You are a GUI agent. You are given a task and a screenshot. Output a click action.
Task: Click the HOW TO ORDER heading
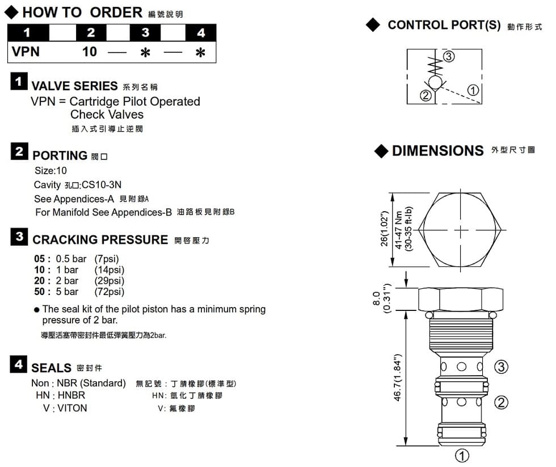pos(82,12)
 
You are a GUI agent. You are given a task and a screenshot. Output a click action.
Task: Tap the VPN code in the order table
pos(26,52)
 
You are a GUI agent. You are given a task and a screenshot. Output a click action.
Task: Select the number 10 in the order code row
pos(90,52)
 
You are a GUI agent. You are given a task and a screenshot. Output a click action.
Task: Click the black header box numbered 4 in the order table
pos(201,33)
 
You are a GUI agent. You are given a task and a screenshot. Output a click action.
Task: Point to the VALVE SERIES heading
pos(74,86)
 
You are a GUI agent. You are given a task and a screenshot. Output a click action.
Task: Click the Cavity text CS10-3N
pos(102,185)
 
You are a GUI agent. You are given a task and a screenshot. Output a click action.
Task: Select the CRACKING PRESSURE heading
pos(100,239)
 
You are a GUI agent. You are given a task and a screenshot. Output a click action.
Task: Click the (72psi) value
pos(109,292)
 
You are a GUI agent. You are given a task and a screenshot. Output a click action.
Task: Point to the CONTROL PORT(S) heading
pos(444,25)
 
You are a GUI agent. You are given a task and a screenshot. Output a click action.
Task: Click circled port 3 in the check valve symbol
pos(449,56)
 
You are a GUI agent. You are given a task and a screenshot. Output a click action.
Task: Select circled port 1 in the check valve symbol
pos(473,90)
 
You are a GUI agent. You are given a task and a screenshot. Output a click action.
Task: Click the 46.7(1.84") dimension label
pos(398,378)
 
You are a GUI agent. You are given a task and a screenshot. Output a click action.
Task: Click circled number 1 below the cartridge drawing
pos(462,456)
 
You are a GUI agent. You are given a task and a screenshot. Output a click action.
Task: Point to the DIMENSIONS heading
pos(437,151)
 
